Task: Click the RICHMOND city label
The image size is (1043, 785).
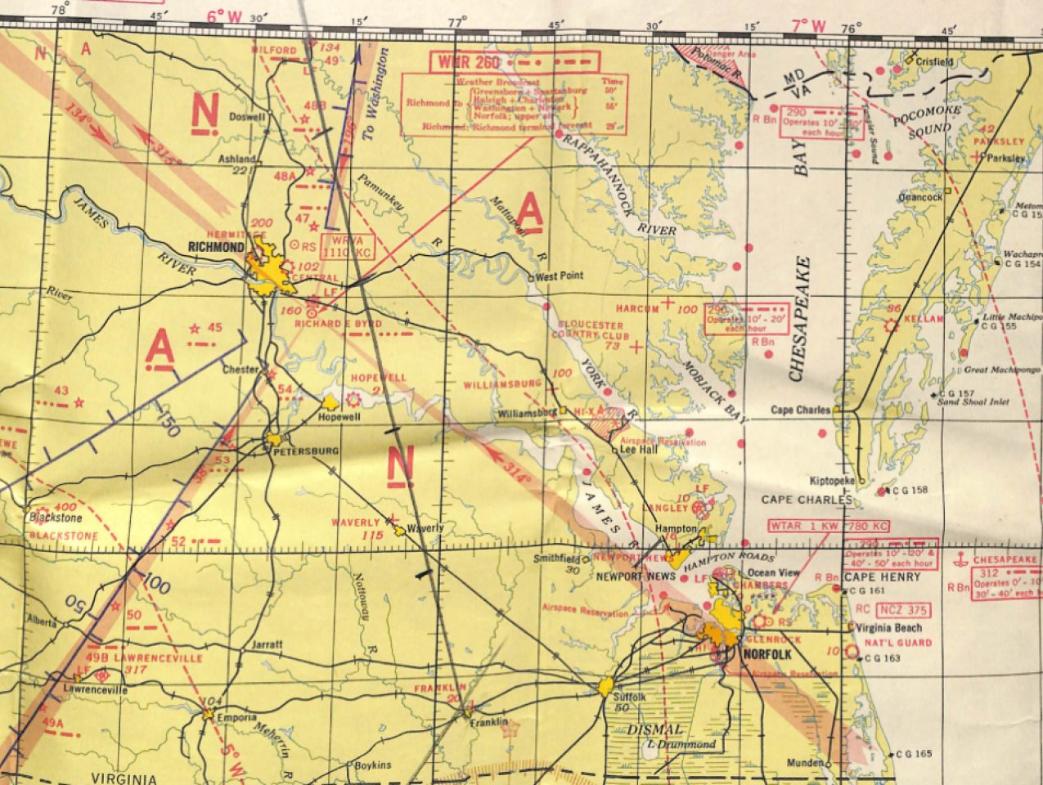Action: (216, 247)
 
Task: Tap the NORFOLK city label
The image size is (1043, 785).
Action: (767, 655)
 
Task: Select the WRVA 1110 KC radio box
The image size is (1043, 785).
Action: (349, 246)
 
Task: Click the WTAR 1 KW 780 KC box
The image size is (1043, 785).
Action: (828, 526)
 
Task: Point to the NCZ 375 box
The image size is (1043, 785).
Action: (903, 610)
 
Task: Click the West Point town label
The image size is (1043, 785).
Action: (560, 276)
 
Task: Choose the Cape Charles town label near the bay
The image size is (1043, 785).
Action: (800, 410)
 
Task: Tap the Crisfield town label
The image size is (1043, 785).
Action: (935, 61)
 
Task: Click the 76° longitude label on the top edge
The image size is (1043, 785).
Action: (851, 28)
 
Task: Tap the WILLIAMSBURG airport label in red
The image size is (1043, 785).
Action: (502, 384)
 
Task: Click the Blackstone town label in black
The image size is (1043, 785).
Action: (56, 518)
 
